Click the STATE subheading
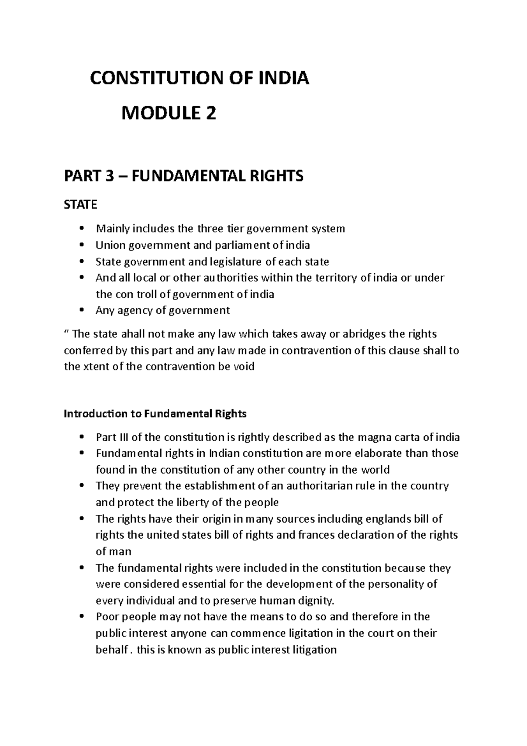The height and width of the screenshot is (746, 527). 80,205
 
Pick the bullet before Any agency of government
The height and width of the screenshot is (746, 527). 82,311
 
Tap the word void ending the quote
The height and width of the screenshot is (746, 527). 245,367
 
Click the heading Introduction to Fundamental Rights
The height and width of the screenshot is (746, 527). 155,414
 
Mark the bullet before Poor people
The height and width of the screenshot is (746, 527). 82,617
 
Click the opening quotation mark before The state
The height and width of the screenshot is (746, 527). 67,333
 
